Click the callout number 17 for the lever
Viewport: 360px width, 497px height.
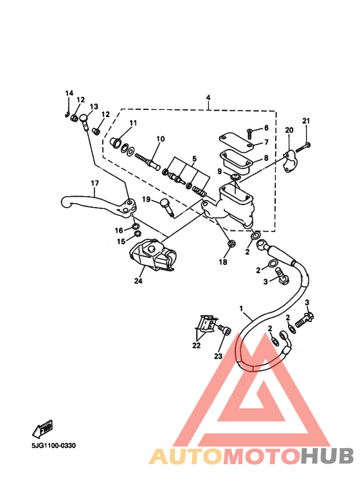pos(94,183)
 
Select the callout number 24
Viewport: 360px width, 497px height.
pos(138,281)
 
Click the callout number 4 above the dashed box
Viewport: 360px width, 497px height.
pos(208,98)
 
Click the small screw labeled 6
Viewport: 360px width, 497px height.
pos(249,134)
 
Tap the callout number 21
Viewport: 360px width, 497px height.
pos(306,121)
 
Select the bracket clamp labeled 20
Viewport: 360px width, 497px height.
pos(291,161)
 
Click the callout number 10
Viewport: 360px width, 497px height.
pos(161,139)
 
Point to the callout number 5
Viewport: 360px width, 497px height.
pos(194,158)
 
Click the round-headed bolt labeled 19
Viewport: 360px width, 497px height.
pos(168,206)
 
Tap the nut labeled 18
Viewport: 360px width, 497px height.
pos(231,244)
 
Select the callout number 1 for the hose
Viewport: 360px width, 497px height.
pos(241,309)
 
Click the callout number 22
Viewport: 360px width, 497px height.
pos(197,345)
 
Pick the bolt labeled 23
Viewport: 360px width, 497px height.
pos(224,330)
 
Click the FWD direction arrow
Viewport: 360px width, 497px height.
pos(42,429)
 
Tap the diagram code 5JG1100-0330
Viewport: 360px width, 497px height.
pos(53,446)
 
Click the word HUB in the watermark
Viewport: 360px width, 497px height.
pos(327,456)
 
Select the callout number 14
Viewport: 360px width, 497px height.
pos(69,93)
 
